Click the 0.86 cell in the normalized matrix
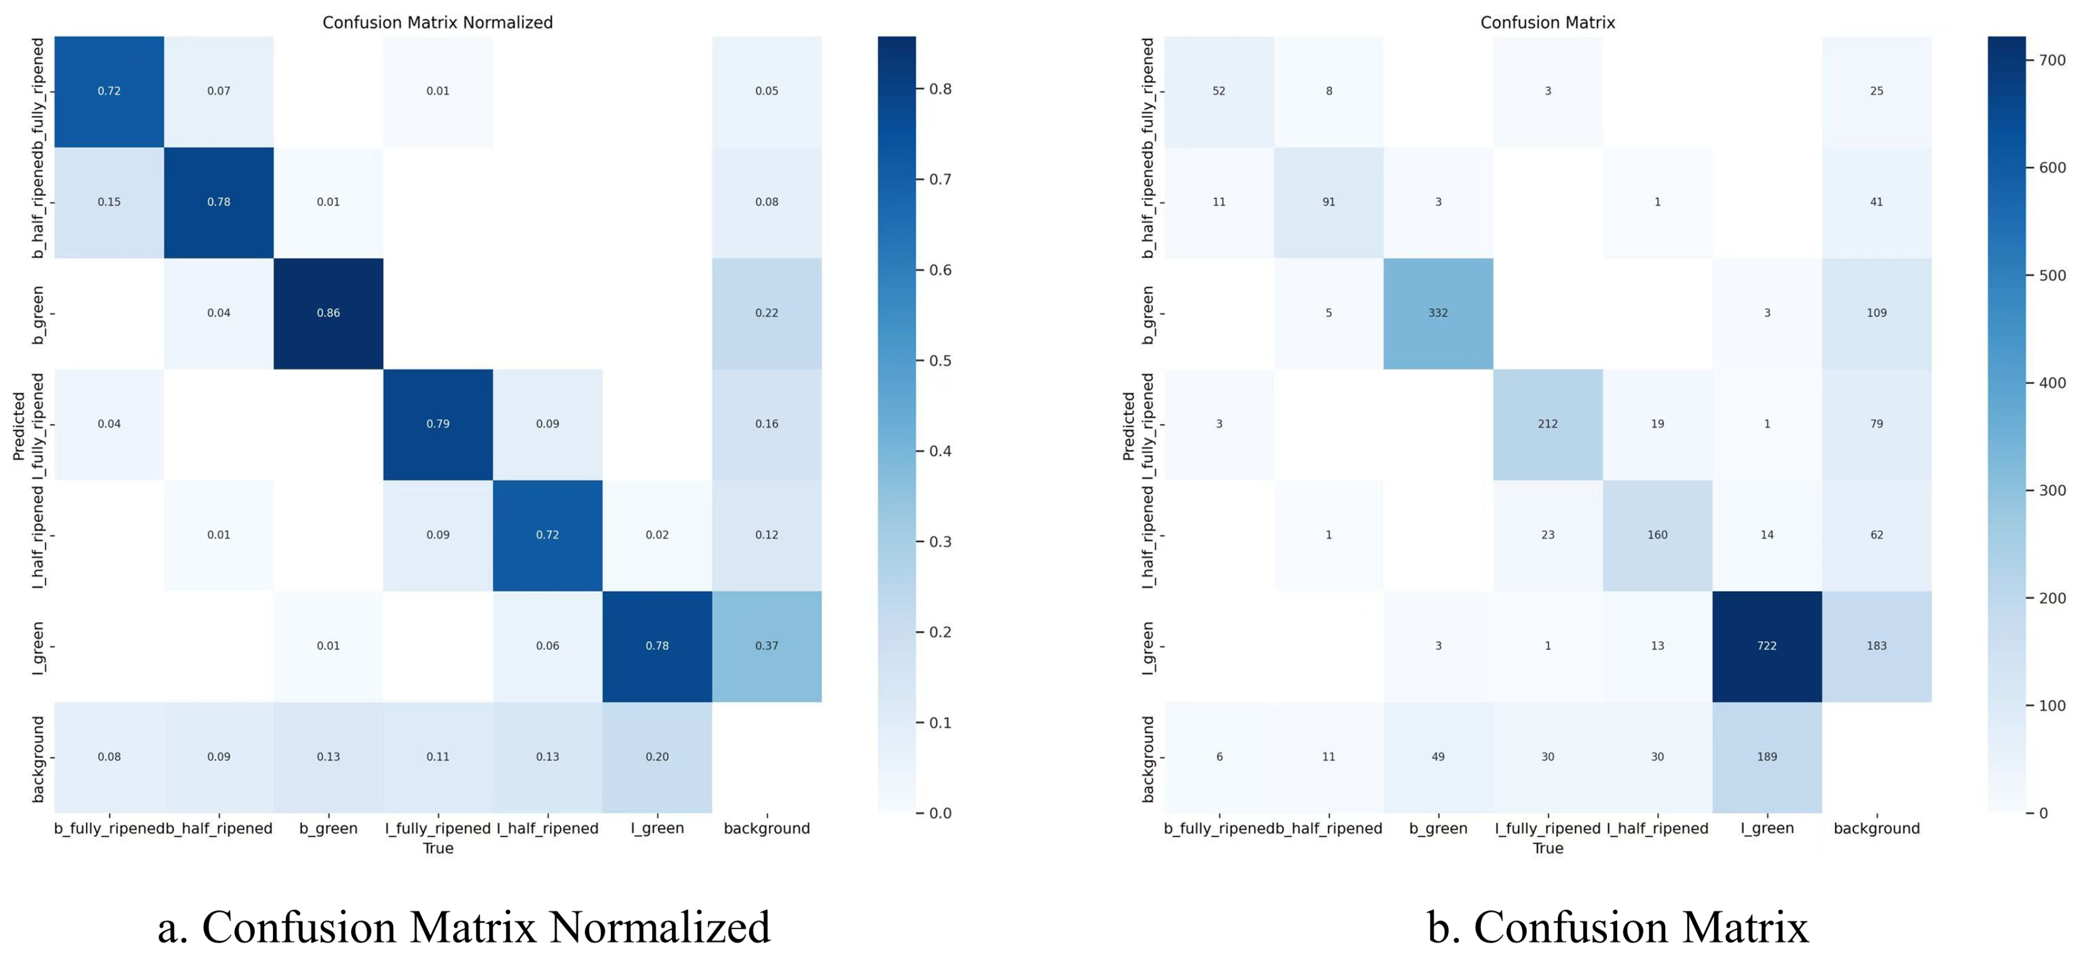(x=328, y=313)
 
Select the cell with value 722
(x=1767, y=646)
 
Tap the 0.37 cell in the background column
(x=767, y=646)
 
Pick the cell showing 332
(x=1438, y=313)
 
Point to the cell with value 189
(x=1767, y=757)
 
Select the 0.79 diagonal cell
(x=437, y=424)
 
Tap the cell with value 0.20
(x=657, y=757)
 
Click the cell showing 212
(x=1547, y=424)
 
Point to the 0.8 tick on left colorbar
(x=940, y=89)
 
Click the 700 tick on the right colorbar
(x=2051, y=60)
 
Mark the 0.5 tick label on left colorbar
(x=940, y=361)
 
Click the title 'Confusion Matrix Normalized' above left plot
(x=437, y=22)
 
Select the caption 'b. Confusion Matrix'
(x=1617, y=927)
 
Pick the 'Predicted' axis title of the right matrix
(x=1129, y=426)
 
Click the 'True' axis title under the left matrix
(x=437, y=848)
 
